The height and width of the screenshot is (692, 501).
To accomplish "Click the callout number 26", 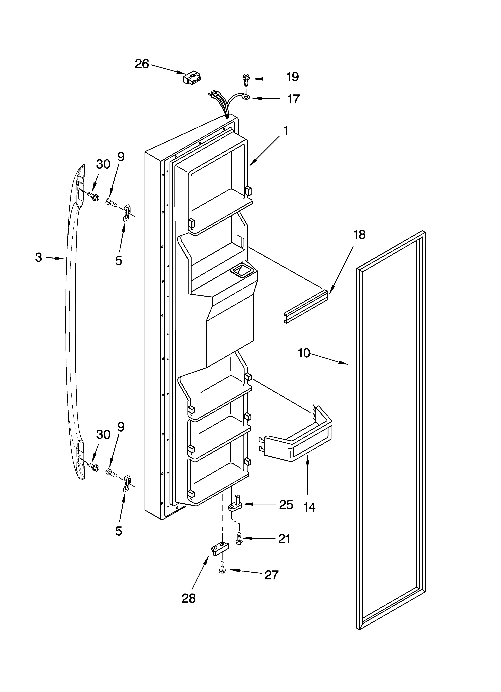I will [x=142, y=64].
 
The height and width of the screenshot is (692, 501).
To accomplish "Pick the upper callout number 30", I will [x=103, y=164].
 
